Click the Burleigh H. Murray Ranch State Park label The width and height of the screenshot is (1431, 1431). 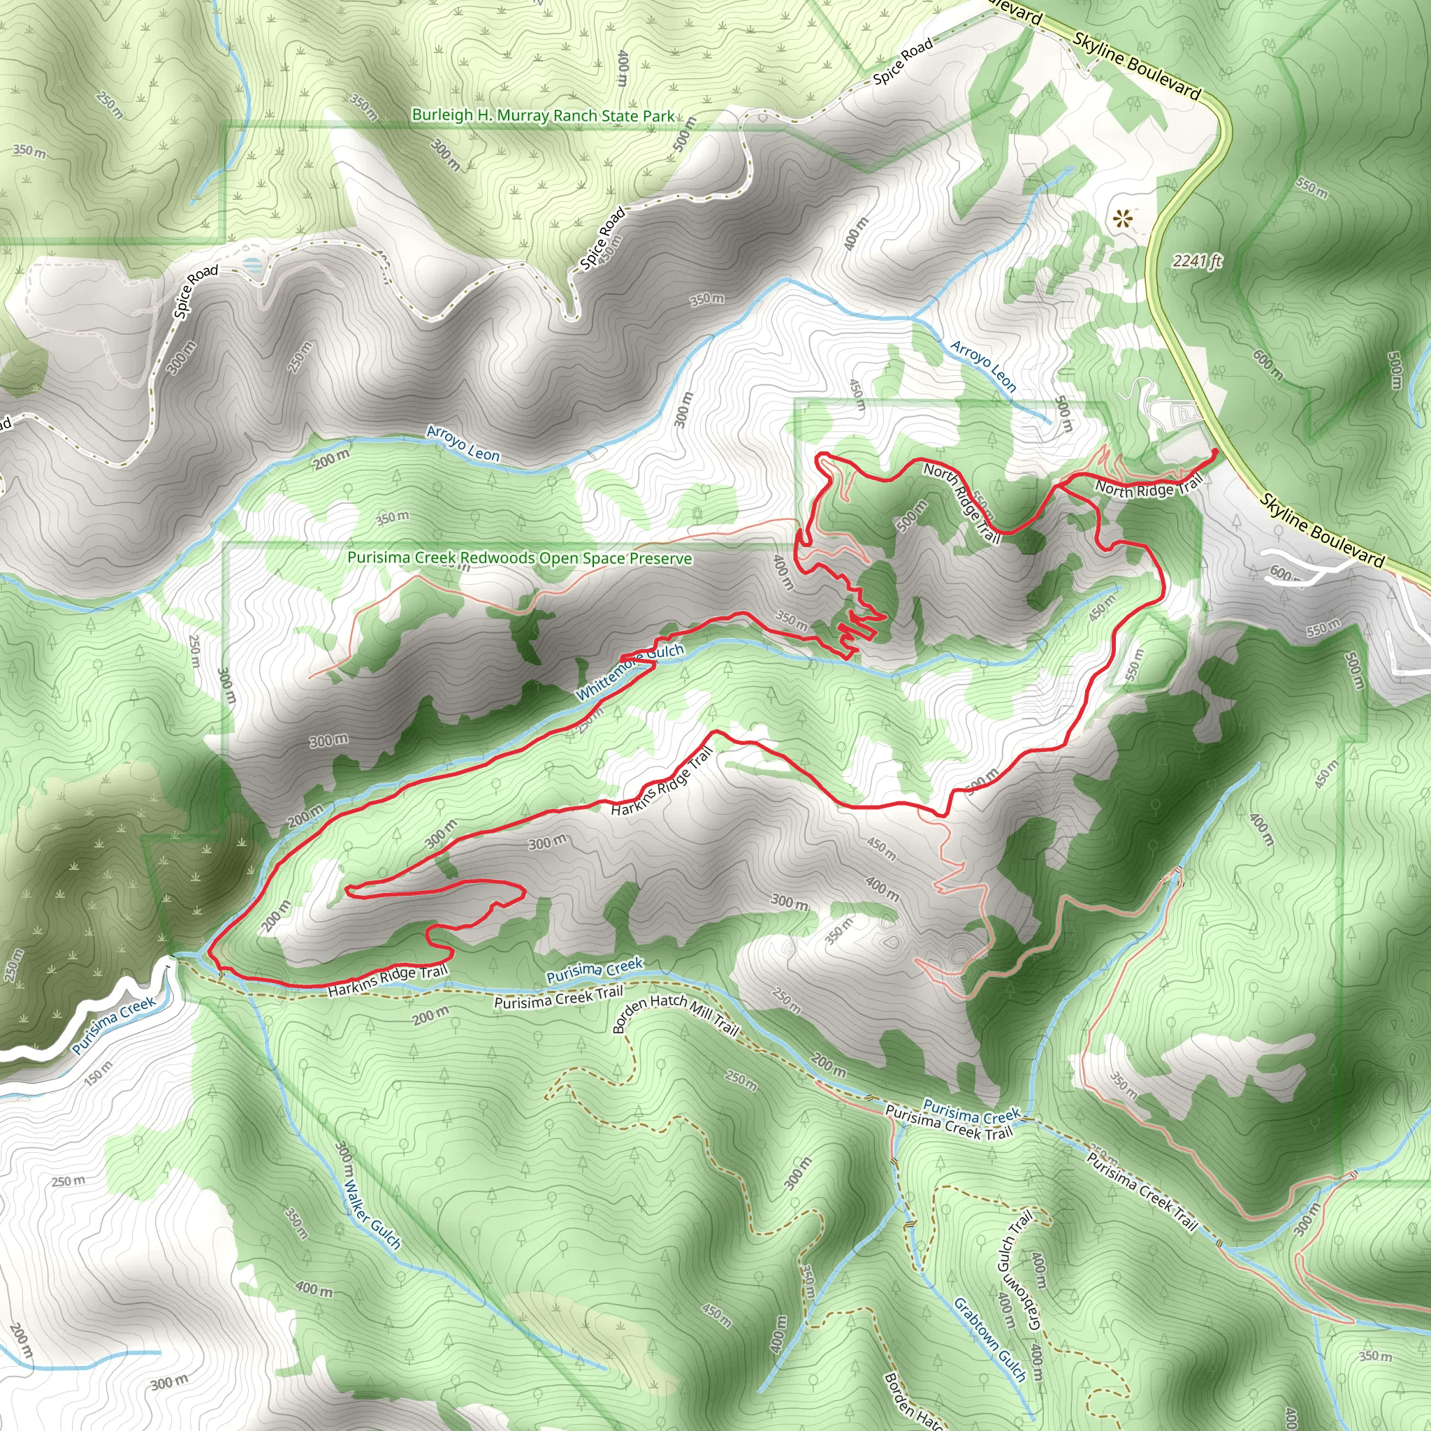(x=543, y=116)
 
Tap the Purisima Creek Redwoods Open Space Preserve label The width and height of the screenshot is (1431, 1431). (x=520, y=558)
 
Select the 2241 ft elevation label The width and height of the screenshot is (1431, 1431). (x=1197, y=261)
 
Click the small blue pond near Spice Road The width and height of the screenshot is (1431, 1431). (x=252, y=264)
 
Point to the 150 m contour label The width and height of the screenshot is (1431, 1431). (x=99, y=1073)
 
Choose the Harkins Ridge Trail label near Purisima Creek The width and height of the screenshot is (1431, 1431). (x=387, y=982)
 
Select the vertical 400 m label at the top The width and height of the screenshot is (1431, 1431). (x=622, y=69)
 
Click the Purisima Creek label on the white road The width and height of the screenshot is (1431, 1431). (x=114, y=1025)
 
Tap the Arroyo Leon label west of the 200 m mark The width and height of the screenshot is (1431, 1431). (x=463, y=443)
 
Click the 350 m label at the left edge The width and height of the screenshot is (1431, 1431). (x=28, y=151)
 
